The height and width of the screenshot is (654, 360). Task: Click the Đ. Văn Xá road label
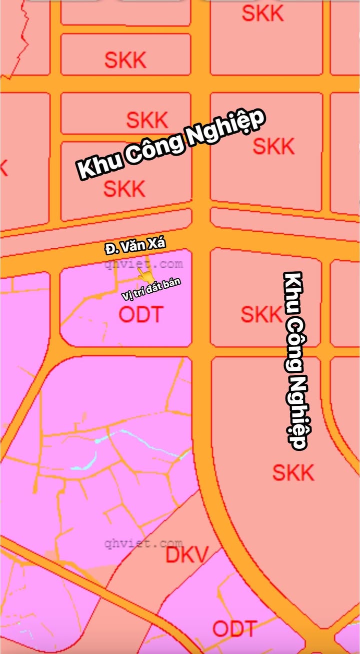coord(135,245)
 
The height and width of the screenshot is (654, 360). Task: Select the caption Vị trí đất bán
coord(151,289)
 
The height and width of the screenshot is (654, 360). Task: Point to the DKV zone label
coord(186,555)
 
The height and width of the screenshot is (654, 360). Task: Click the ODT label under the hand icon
coord(141,314)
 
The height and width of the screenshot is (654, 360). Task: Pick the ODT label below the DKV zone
coord(234,628)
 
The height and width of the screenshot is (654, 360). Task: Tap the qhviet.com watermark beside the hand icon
coord(143,264)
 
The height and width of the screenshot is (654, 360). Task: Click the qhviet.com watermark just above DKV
coord(143,543)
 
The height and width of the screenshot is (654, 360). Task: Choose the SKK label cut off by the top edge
coord(262,13)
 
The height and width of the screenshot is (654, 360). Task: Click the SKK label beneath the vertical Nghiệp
coord(293,472)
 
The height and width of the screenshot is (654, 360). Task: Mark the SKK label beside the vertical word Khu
coord(261,314)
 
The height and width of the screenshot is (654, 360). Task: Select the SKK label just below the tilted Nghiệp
coord(273,146)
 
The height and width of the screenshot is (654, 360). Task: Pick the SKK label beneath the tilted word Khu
coord(124,189)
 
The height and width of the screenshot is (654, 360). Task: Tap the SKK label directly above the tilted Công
coord(147,120)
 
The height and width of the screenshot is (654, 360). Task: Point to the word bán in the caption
coord(171,284)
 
